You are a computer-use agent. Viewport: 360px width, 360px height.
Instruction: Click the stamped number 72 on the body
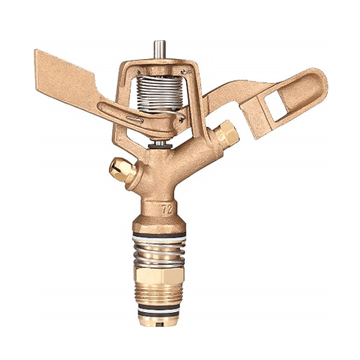coord(167,209)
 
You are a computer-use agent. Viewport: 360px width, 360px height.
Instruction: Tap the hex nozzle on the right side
coord(228,133)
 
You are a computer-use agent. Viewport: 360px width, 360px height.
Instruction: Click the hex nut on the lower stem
coord(159,276)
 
